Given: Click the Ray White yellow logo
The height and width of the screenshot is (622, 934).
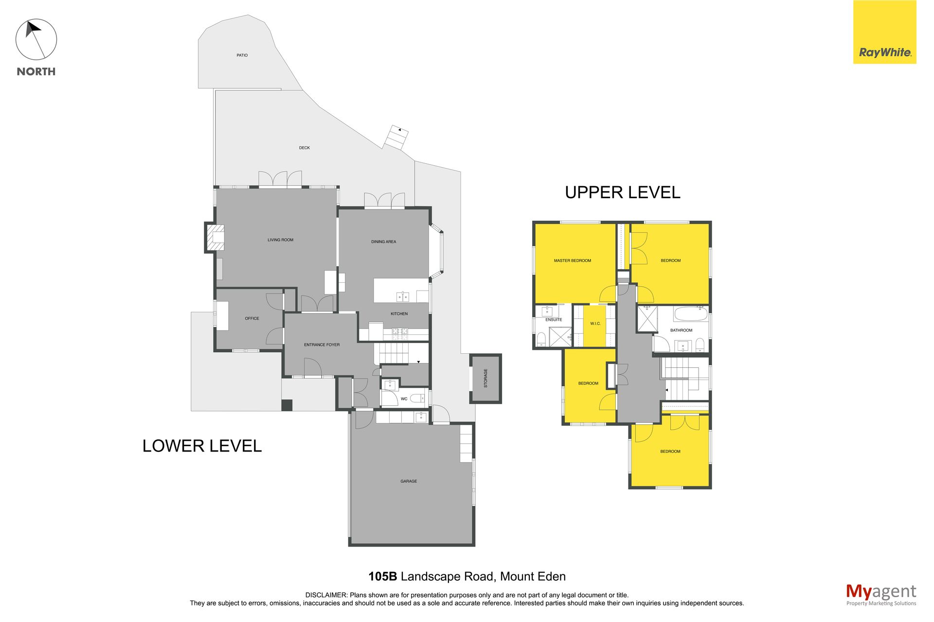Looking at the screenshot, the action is (x=884, y=32).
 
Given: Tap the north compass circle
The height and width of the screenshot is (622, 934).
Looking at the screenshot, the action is (x=36, y=40).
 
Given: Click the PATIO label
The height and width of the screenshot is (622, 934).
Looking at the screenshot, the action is (x=242, y=55).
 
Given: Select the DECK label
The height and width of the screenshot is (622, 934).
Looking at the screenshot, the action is (x=305, y=148).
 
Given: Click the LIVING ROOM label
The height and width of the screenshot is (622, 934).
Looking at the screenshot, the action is (x=281, y=240).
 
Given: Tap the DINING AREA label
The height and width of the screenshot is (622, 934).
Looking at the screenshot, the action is (x=384, y=242).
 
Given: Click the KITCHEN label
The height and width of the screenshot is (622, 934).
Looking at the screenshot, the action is (x=399, y=314).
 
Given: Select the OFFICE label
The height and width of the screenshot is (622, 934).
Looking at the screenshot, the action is (x=252, y=319).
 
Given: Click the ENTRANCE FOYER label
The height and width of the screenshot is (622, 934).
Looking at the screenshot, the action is (x=322, y=345).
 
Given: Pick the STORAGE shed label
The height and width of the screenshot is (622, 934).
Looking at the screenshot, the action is (x=485, y=378).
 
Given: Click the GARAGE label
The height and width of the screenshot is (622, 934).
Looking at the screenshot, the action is (x=409, y=482).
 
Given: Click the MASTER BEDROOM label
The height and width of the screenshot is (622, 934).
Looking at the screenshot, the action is (x=573, y=261).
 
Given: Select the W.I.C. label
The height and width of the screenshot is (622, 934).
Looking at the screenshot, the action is (x=595, y=324).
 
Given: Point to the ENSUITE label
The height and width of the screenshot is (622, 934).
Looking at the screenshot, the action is (x=554, y=320).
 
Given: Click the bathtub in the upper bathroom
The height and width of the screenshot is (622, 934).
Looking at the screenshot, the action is (x=691, y=314).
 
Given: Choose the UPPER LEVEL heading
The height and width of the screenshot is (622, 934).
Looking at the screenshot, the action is (x=623, y=192).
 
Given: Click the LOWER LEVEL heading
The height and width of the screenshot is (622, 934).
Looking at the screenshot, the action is (x=202, y=446).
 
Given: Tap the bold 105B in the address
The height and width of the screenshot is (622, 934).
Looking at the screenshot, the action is (x=383, y=577).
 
